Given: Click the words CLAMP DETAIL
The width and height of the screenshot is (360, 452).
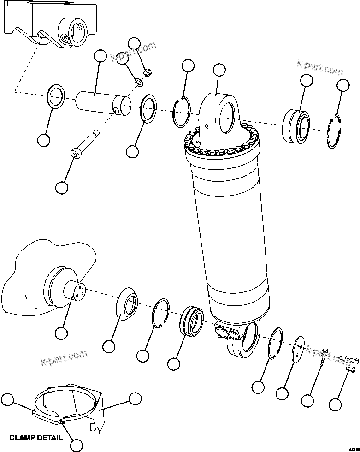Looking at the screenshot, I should (35, 438).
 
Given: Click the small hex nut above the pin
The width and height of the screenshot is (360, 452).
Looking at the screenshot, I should (148, 72).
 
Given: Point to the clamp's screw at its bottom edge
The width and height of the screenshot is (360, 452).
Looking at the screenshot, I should (61, 422).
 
